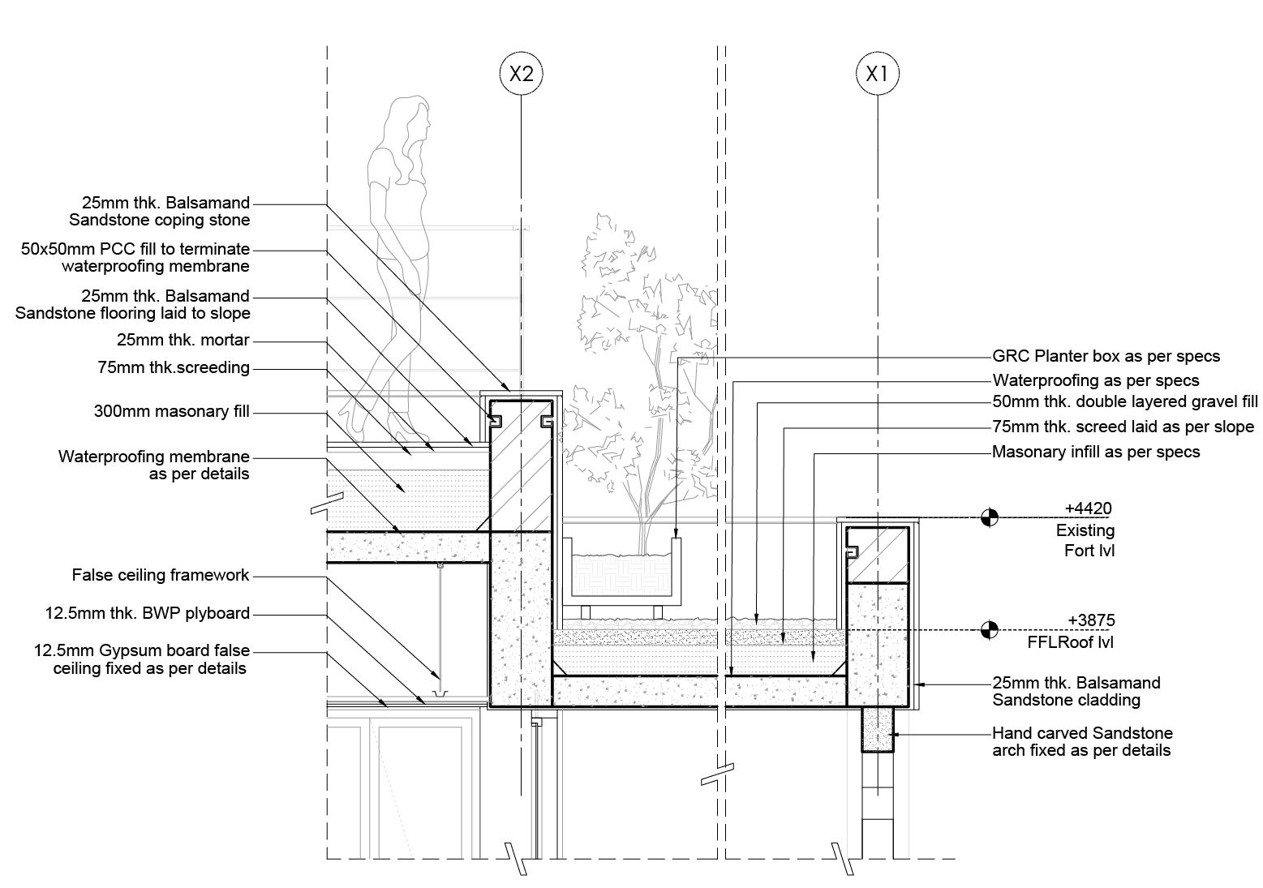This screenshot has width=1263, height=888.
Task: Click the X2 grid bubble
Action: [x=520, y=74]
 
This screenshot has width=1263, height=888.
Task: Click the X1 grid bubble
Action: [x=878, y=74]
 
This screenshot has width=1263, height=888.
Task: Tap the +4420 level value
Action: [x=1088, y=508]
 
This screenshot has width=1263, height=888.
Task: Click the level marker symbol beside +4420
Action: [x=989, y=517]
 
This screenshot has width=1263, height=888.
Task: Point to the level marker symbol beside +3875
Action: [x=989, y=629]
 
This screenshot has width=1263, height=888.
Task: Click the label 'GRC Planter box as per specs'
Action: [x=1106, y=356]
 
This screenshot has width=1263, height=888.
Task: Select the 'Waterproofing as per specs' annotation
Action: [x=1095, y=380]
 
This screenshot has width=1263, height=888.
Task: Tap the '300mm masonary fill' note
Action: [x=172, y=411]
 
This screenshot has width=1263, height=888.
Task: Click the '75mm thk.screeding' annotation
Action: [x=174, y=367]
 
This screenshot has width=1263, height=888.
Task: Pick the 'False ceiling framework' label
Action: [x=161, y=575]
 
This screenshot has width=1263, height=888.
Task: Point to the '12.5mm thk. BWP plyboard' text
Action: [x=148, y=613]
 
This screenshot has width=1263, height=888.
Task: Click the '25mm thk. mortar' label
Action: [x=183, y=340]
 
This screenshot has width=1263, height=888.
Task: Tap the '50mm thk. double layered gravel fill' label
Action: [x=1125, y=401]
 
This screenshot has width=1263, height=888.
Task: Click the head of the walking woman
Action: [x=410, y=119]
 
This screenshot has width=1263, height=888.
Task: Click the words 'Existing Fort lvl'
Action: [x=1085, y=540]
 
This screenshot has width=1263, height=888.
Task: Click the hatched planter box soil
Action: [x=622, y=572]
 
